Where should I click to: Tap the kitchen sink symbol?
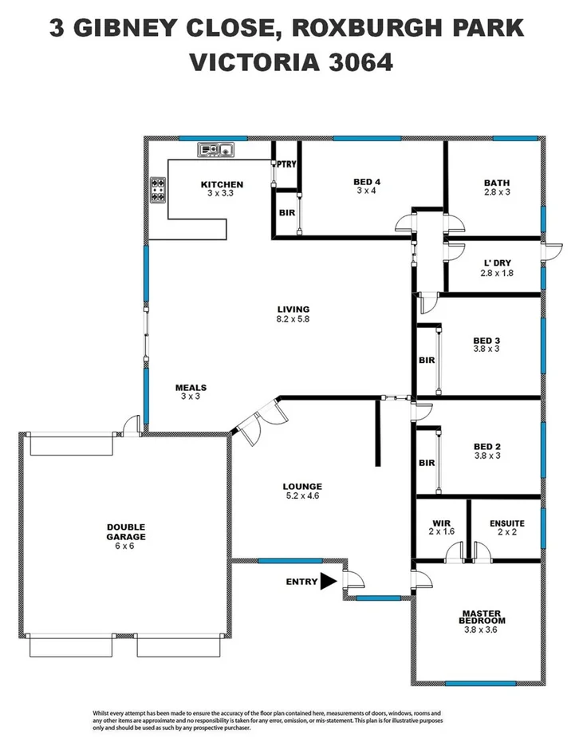coord(215,148)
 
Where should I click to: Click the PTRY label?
coord(286,164)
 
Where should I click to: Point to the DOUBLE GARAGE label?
coord(127,532)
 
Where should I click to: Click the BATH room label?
coord(496,183)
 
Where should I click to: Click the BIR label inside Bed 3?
coord(427,360)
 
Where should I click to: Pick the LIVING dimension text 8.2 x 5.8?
coord(293,319)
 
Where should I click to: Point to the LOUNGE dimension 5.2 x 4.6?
coord(302,495)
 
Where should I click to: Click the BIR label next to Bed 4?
coord(286,213)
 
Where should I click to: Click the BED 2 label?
coord(487,447)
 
